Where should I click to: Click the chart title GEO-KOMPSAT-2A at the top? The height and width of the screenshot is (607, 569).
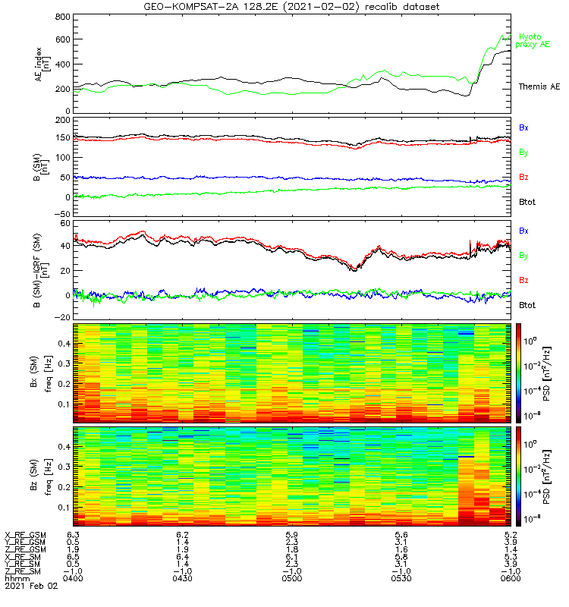point(209,7)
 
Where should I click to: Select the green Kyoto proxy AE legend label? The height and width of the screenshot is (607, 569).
point(533,41)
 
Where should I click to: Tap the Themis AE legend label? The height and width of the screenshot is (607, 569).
point(539,86)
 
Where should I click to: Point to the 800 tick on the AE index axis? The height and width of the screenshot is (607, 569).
point(63,17)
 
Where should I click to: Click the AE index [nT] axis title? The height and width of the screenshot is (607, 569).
point(42,64)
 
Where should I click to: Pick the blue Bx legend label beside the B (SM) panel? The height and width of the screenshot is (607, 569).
point(523,127)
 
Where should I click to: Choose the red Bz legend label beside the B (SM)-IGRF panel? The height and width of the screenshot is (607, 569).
point(523,280)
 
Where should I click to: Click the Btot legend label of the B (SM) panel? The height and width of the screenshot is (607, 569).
point(527,202)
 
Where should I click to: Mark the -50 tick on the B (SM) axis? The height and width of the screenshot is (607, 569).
point(62,214)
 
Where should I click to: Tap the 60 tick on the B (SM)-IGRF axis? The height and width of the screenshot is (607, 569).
point(65,223)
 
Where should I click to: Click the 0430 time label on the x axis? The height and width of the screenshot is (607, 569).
point(182,578)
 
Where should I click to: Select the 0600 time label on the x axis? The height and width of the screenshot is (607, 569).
point(511,578)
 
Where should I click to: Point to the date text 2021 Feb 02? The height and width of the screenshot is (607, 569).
point(31,586)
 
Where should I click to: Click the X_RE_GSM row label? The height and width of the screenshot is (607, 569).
point(25,535)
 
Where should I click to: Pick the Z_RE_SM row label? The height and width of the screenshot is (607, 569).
point(23,571)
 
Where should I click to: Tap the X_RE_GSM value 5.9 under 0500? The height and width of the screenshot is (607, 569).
point(292,535)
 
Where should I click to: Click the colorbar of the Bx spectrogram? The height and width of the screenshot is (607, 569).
point(518,373)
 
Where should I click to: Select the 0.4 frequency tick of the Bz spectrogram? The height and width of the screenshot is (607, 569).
point(64,447)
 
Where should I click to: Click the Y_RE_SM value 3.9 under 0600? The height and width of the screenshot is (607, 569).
point(511,564)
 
